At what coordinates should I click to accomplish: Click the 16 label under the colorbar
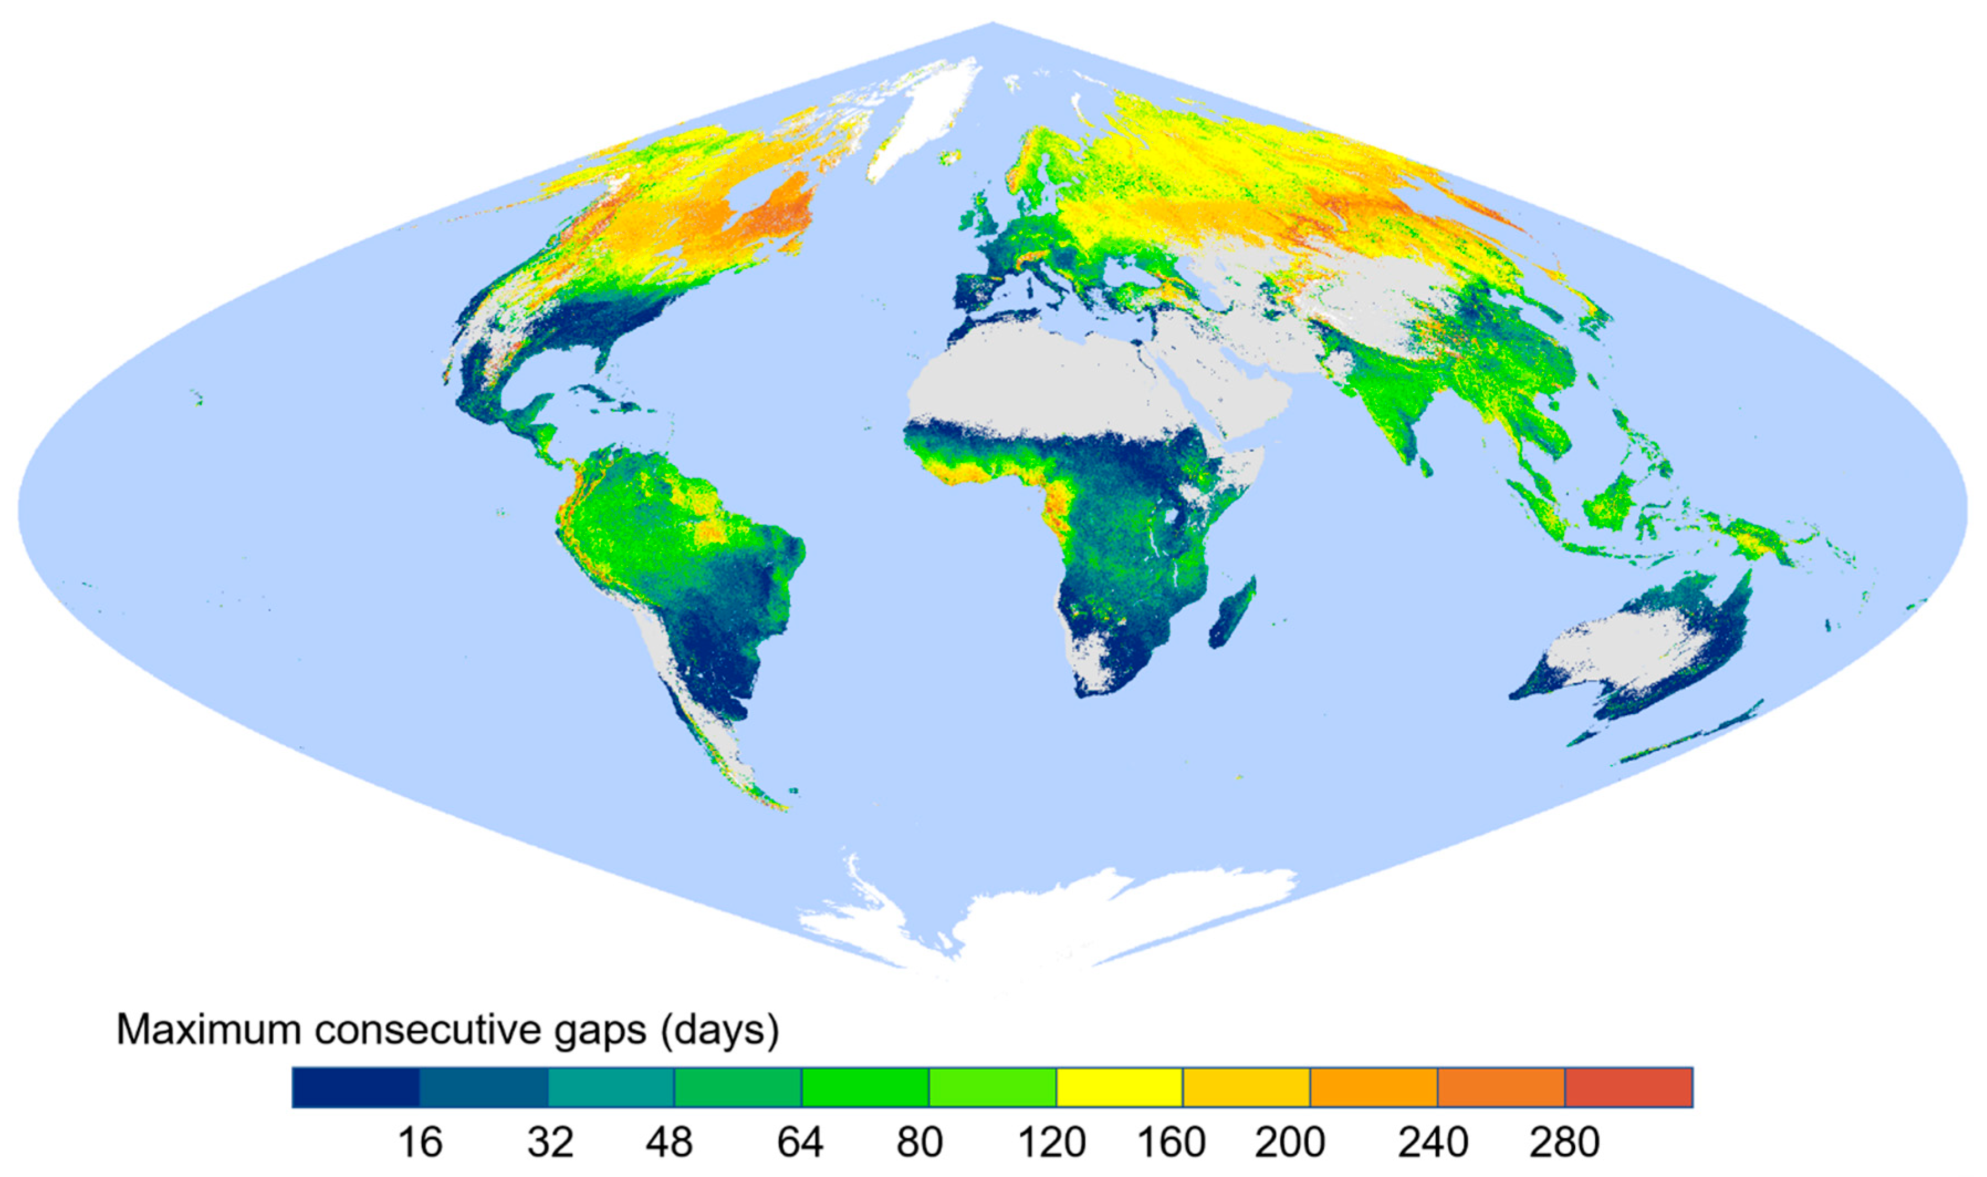(420, 1143)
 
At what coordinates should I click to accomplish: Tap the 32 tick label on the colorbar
(551, 1143)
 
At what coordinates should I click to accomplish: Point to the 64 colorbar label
(800, 1143)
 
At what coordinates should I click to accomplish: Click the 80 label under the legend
(920, 1143)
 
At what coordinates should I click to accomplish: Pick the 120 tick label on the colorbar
(1051, 1143)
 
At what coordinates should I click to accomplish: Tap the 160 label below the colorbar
(1171, 1143)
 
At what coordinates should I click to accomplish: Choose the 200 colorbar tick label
(1290, 1143)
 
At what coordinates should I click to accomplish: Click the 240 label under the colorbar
(1433, 1143)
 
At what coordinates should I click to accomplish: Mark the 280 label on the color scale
(1564, 1143)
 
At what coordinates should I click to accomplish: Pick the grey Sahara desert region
(1055, 381)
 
